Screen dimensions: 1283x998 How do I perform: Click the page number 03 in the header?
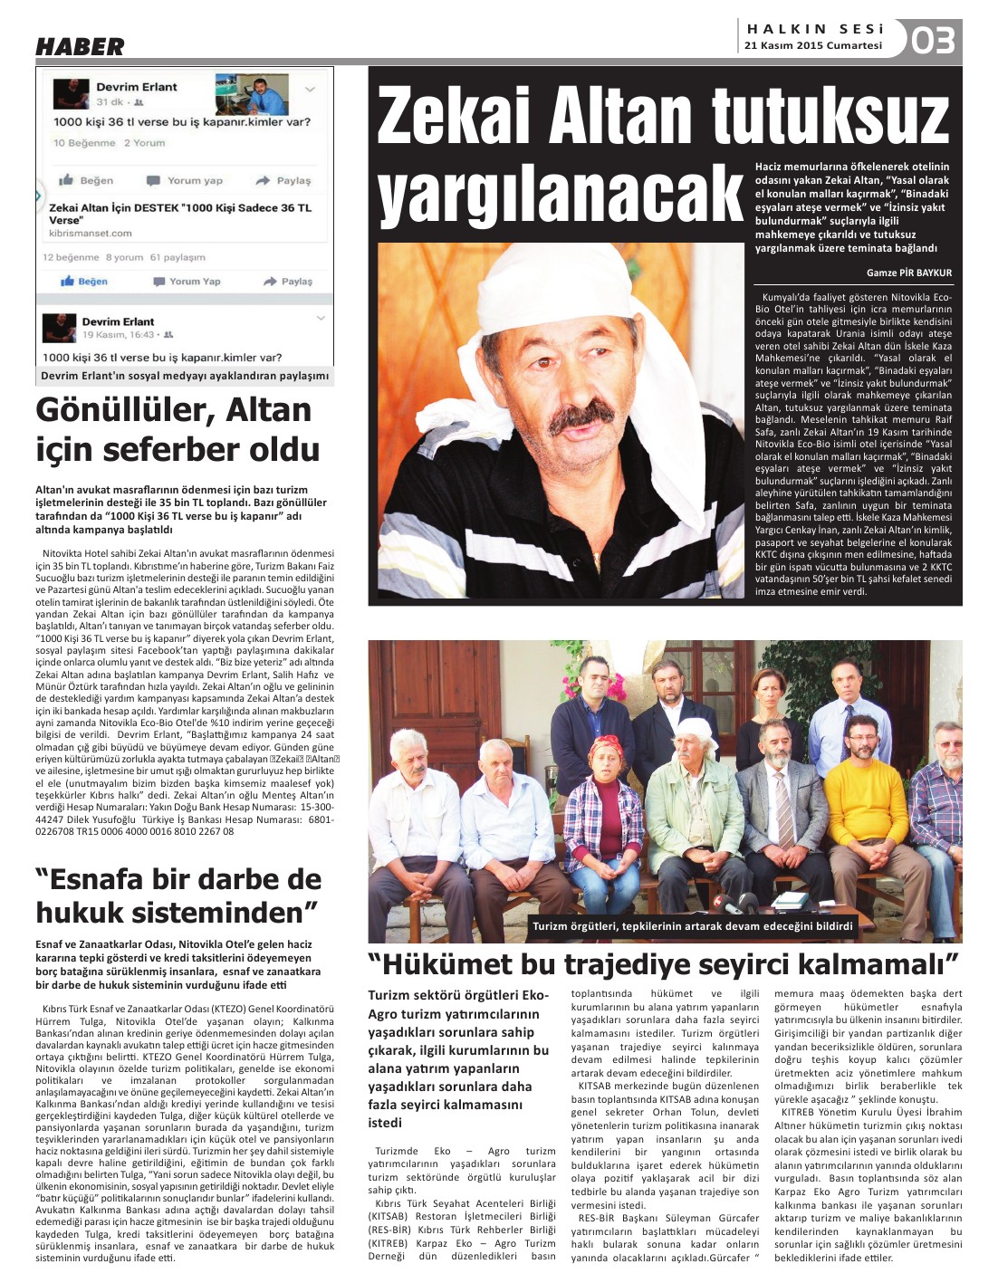pyautogui.click(x=933, y=41)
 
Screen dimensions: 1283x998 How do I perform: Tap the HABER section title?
pyautogui.click(x=80, y=46)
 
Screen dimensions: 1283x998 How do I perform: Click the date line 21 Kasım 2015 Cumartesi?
pyautogui.click(x=812, y=45)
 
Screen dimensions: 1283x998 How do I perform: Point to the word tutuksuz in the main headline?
pyautogui.click(x=830, y=116)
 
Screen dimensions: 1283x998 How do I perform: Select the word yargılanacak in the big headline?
pyautogui.click(x=559, y=193)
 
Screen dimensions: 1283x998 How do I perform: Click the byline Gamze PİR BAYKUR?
pyautogui.click(x=908, y=273)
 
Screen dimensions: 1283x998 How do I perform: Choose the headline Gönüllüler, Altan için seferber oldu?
pyautogui.click(x=178, y=429)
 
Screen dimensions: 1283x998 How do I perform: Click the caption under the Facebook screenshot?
pyautogui.click(x=185, y=376)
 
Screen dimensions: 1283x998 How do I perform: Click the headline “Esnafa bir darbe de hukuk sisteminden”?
pyautogui.click(x=178, y=895)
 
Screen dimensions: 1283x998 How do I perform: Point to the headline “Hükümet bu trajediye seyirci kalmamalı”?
pyautogui.click(x=663, y=962)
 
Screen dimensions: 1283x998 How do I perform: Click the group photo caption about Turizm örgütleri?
pyautogui.click(x=692, y=925)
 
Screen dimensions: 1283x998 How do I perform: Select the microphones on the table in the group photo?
pyautogui.click(x=735, y=903)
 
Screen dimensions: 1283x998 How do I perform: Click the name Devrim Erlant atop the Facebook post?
pyautogui.click(x=137, y=87)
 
